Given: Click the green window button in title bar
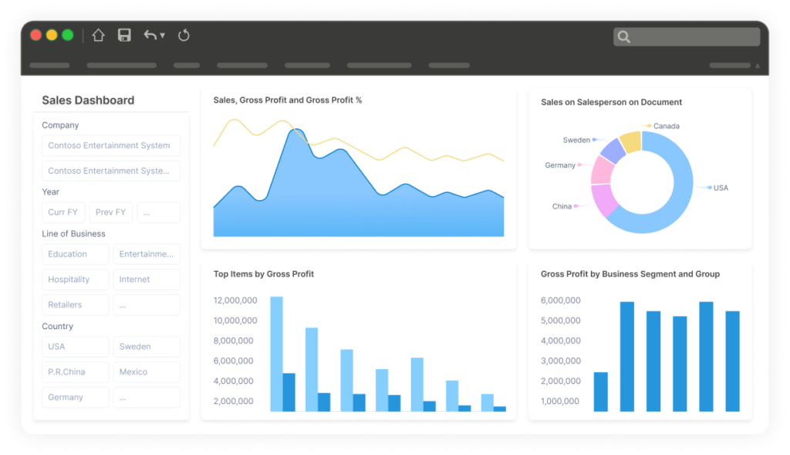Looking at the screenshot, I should pyautogui.click(x=68, y=35).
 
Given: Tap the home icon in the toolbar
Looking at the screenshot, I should pyautogui.click(x=98, y=35).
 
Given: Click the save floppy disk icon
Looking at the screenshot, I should pyautogui.click(x=124, y=35).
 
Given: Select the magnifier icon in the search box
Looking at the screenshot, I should pyautogui.click(x=624, y=36).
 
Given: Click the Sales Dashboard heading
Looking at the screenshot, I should pyautogui.click(x=88, y=100).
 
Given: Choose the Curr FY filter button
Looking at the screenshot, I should pyautogui.click(x=62, y=212).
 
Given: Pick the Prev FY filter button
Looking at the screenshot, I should pyautogui.click(x=111, y=212).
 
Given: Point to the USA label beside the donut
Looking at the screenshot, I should pyautogui.click(x=721, y=188).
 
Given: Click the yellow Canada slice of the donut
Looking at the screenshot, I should pyautogui.click(x=631, y=141).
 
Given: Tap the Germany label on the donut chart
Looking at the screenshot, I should pyautogui.click(x=560, y=165).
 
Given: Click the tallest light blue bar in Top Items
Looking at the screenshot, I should pyautogui.click(x=276, y=353).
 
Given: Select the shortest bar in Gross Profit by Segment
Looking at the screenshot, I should pyautogui.click(x=600, y=392).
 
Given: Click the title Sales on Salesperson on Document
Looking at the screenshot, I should pyautogui.click(x=611, y=102).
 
